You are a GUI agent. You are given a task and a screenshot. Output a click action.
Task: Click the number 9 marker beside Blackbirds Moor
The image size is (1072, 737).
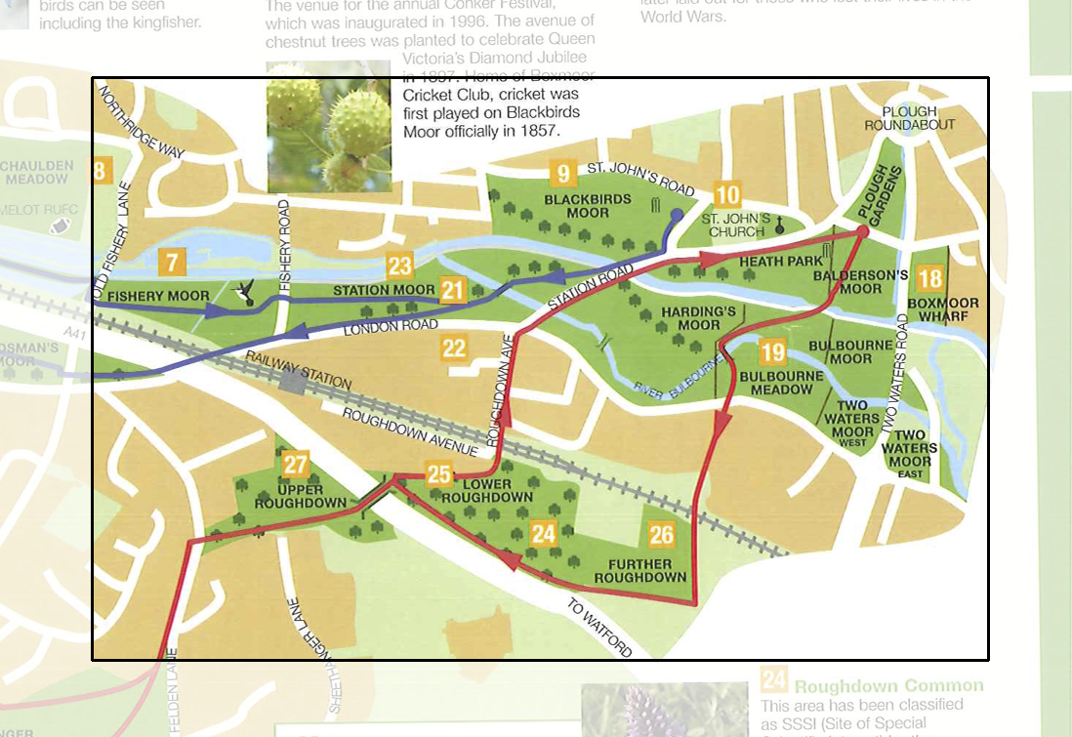pyautogui.click(x=562, y=175)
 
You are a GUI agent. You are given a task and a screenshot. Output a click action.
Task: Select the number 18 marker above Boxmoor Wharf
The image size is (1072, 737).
pyautogui.click(x=930, y=280)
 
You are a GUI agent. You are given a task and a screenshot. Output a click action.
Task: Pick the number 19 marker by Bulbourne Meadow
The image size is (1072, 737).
pyautogui.click(x=773, y=352)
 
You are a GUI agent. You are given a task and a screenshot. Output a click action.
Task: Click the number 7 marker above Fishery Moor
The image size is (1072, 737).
pyautogui.click(x=172, y=262)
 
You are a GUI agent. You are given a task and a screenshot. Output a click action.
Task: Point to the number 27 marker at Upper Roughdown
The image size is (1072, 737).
pyautogui.click(x=296, y=465)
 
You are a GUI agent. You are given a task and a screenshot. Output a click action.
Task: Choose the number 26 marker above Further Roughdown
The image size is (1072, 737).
pyautogui.click(x=661, y=534)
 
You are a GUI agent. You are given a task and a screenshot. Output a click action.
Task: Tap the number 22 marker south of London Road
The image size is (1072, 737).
pyautogui.click(x=454, y=348)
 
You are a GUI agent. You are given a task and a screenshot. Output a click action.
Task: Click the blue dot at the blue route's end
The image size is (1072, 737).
pyautogui.click(x=677, y=214)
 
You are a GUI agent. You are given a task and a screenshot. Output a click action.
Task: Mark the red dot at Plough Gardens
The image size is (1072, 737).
pyautogui.click(x=862, y=232)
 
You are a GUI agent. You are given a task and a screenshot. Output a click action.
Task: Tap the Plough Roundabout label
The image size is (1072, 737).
pyautogui.click(x=909, y=118)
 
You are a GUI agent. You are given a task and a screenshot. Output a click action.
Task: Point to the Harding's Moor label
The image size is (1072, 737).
pyautogui.click(x=699, y=317)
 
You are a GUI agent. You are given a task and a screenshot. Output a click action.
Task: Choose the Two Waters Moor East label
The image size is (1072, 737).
pyautogui.click(x=915, y=455)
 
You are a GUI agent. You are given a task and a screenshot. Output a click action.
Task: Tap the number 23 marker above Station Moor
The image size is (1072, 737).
pyautogui.click(x=400, y=266)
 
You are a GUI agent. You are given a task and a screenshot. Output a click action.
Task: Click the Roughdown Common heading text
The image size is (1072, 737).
pyautogui.click(x=888, y=685)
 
